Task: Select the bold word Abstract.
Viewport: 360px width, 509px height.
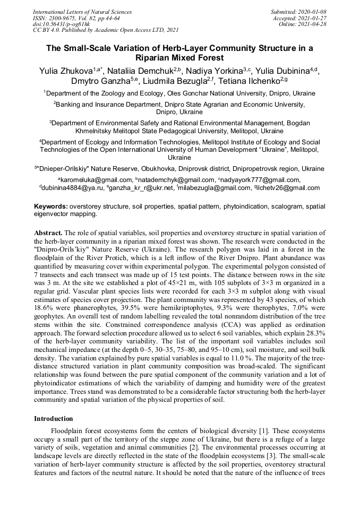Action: (48, 234)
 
